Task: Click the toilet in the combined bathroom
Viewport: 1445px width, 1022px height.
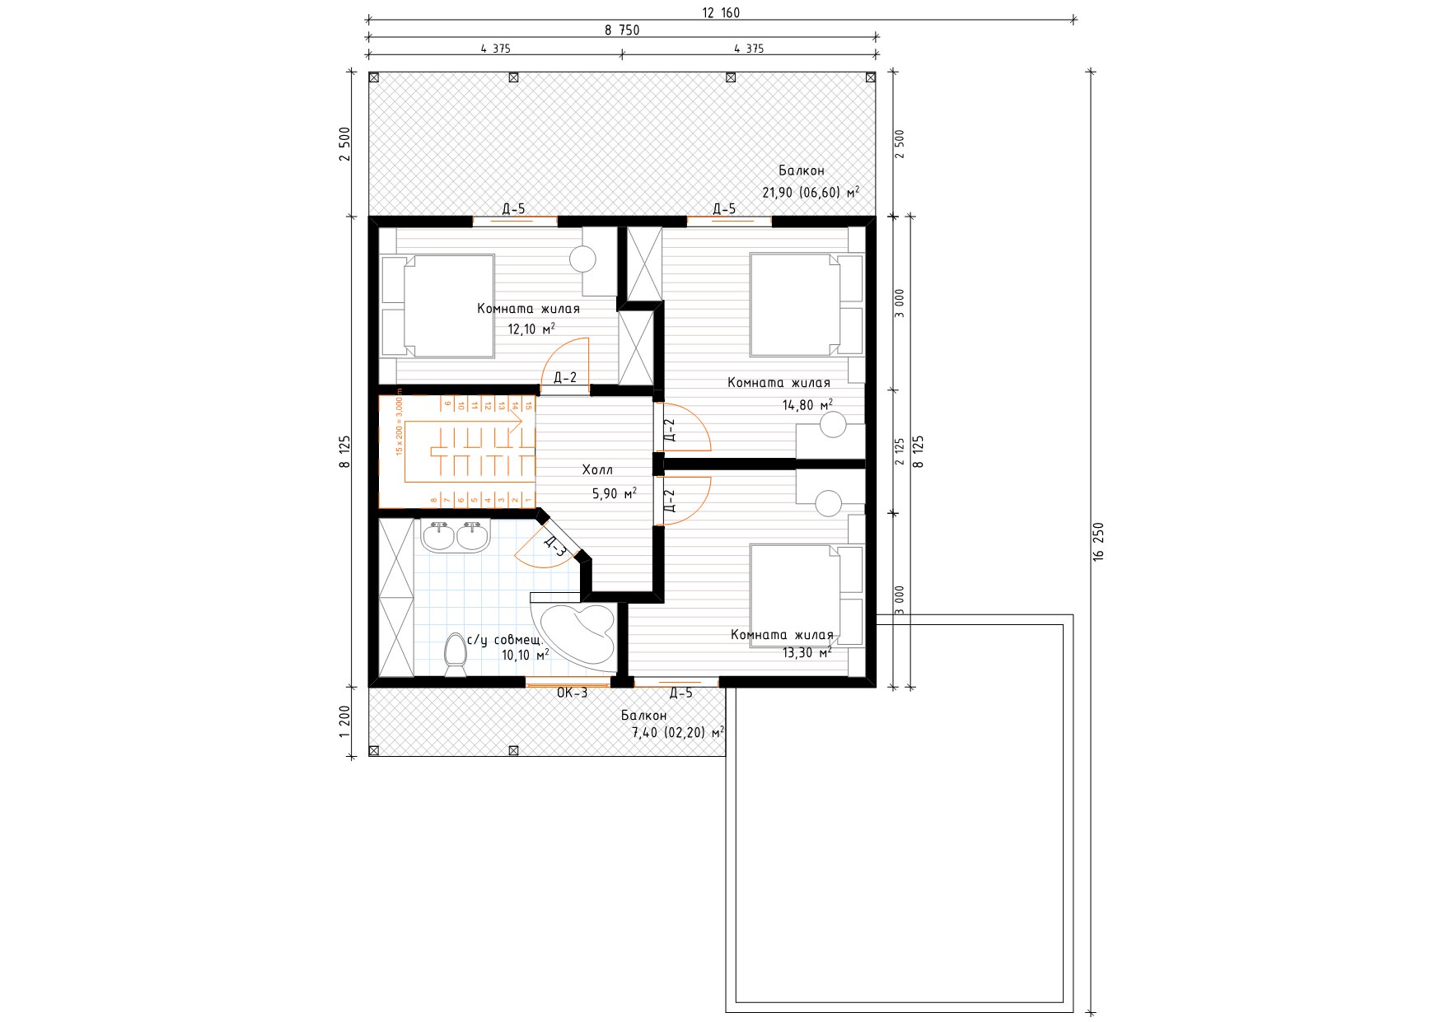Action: click(455, 655)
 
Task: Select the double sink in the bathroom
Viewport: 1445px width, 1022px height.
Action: click(455, 536)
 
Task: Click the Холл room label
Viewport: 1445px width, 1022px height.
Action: click(597, 470)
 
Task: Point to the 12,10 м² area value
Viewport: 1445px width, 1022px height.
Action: click(531, 329)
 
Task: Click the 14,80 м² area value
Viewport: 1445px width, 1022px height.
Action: click(807, 404)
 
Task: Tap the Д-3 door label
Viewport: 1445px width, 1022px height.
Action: click(554, 546)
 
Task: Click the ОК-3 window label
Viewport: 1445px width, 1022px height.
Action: click(572, 693)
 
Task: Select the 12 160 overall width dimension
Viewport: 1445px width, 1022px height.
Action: click(721, 12)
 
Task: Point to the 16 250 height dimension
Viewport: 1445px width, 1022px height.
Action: click(1098, 542)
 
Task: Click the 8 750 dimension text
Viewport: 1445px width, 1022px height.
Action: click(622, 30)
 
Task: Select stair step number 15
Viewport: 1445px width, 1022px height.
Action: click(528, 404)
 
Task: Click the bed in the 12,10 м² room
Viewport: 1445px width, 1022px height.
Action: click(437, 306)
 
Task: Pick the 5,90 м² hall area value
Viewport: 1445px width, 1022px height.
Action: click(614, 494)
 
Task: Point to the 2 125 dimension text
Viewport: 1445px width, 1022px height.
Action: click(900, 451)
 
